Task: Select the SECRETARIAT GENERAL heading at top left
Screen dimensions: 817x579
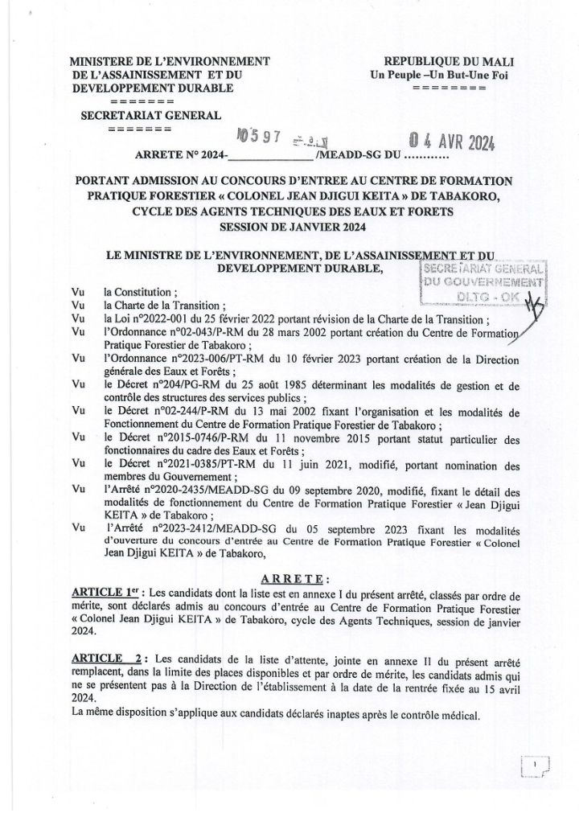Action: pos(150,115)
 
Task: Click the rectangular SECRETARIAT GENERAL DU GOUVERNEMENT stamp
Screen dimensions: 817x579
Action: pos(482,282)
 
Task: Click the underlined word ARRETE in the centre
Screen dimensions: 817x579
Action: pos(296,578)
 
